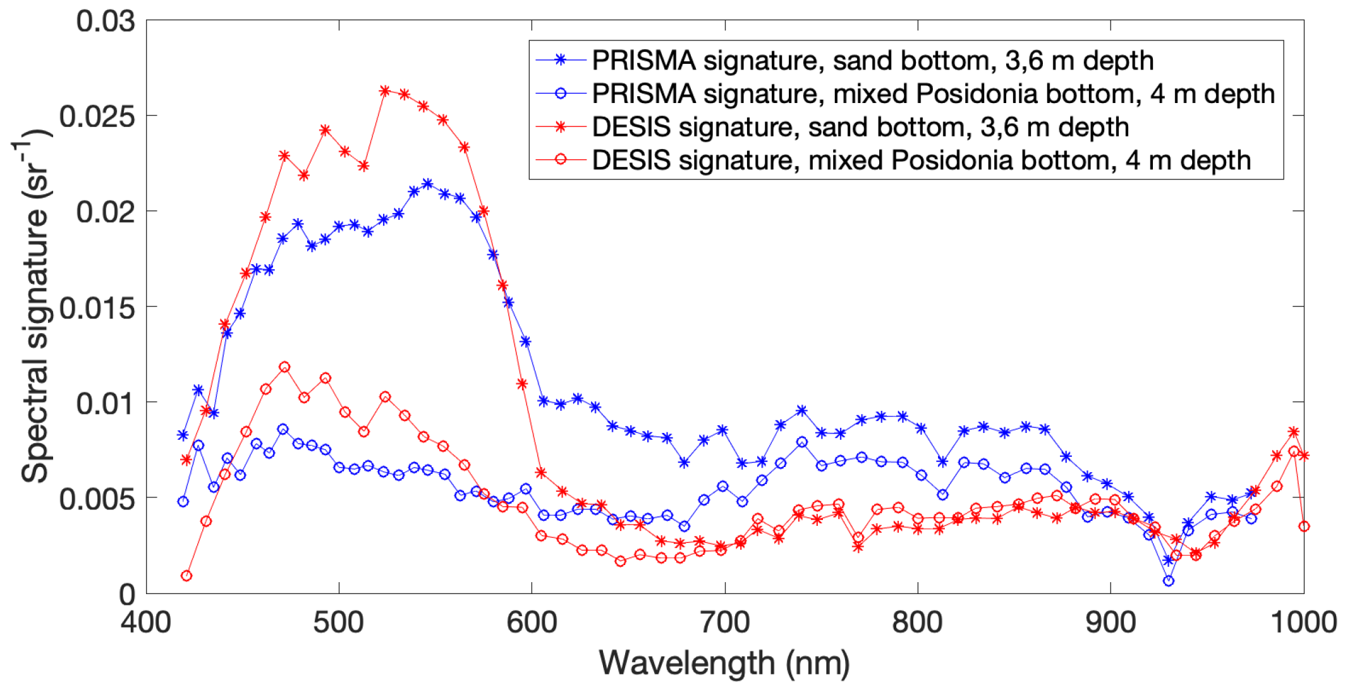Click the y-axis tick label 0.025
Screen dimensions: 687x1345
pos(96,116)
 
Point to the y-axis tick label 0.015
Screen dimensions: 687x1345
pos(96,308)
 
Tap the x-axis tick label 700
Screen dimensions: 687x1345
pos(724,623)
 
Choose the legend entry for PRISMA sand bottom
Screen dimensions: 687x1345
pos(872,61)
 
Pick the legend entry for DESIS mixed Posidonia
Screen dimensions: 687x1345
pos(921,161)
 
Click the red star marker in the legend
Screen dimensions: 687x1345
pos(560,127)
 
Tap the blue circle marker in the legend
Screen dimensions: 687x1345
pos(560,94)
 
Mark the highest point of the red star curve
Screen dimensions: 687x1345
pos(385,91)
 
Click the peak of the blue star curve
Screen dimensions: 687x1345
pos(427,183)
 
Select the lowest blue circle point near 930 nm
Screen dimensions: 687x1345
pos(1169,581)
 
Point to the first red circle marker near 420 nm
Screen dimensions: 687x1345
pos(186,576)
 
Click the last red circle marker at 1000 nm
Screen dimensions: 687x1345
pos(1304,526)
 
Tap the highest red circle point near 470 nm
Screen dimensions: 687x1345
pos(284,367)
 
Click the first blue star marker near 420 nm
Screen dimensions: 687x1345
pos(183,435)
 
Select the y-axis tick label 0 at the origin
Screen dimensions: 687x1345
pos(127,595)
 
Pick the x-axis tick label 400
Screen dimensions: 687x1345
pos(146,623)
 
